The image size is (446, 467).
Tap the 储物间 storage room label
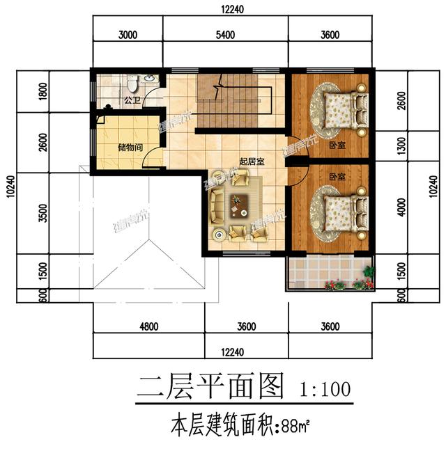click(x=130, y=147)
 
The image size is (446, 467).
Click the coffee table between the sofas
click(x=239, y=204)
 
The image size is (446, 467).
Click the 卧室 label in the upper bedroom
click(x=338, y=145)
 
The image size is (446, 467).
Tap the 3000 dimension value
click(x=128, y=35)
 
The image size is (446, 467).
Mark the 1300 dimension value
click(x=401, y=146)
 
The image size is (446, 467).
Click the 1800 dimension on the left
click(x=43, y=90)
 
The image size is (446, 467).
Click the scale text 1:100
click(x=324, y=387)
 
